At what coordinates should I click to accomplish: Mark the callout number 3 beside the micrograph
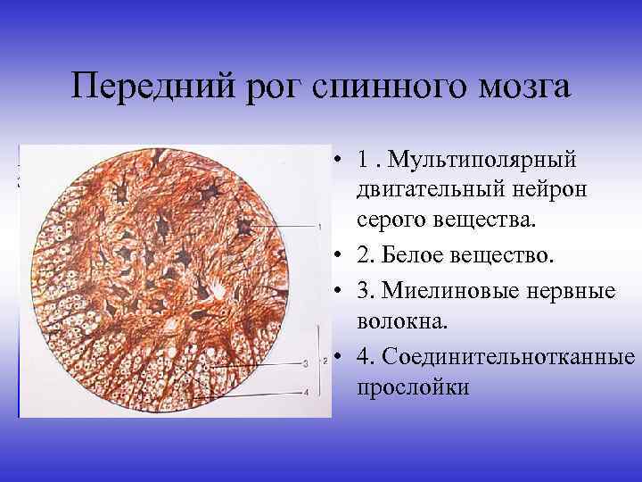click(305, 364)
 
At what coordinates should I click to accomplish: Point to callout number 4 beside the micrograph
click(305, 393)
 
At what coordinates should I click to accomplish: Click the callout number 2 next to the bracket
click(326, 361)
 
